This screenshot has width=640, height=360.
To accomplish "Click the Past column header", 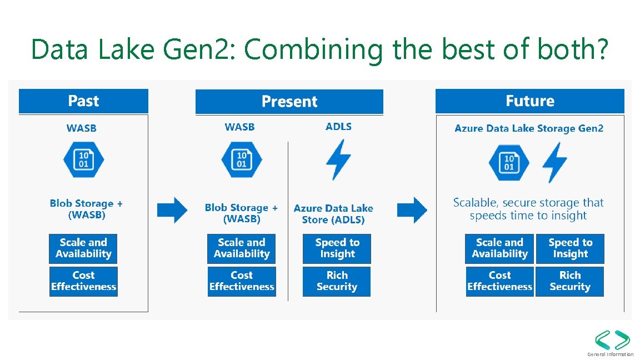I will point(83,101).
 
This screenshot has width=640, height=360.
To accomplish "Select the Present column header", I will point(289,102).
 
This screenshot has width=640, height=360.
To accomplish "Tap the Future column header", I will point(529,101).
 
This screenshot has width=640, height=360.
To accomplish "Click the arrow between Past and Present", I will point(172,210).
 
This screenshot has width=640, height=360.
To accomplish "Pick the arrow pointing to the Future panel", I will point(413,210).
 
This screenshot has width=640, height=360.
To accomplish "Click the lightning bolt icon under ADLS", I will point(338,159).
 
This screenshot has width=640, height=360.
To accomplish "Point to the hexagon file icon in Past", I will point(83,159).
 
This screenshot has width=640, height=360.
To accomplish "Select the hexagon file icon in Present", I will point(242,159).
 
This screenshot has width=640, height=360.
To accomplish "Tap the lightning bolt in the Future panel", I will point(554,162).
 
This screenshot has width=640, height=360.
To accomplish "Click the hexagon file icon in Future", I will point(509,163).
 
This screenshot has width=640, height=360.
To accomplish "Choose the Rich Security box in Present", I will point(337,281).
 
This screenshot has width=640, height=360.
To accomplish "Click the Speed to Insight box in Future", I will point(570,248).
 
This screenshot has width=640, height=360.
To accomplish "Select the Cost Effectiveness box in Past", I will point(83,281).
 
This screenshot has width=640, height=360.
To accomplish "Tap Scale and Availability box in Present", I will point(242,248).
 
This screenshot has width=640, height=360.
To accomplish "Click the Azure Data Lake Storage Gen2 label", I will point(529,128).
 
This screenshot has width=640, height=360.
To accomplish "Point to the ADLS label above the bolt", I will point(338,127).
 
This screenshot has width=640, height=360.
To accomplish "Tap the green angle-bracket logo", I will point(612,340).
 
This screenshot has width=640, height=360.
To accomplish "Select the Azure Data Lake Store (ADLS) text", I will point(333,214).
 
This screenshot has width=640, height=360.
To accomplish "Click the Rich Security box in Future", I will point(569,281).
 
